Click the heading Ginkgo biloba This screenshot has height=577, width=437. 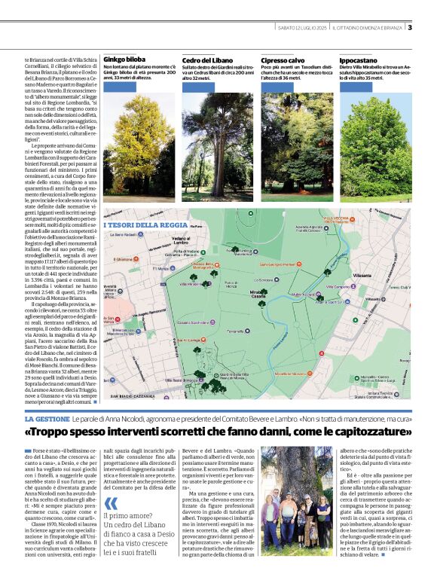point(125,59)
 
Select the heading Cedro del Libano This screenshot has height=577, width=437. point(206,59)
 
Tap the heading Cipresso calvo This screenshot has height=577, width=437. point(283,59)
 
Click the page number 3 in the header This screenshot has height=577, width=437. point(410,28)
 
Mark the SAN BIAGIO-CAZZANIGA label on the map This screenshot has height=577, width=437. point(131,395)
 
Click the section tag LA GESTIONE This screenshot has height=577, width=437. point(47,418)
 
